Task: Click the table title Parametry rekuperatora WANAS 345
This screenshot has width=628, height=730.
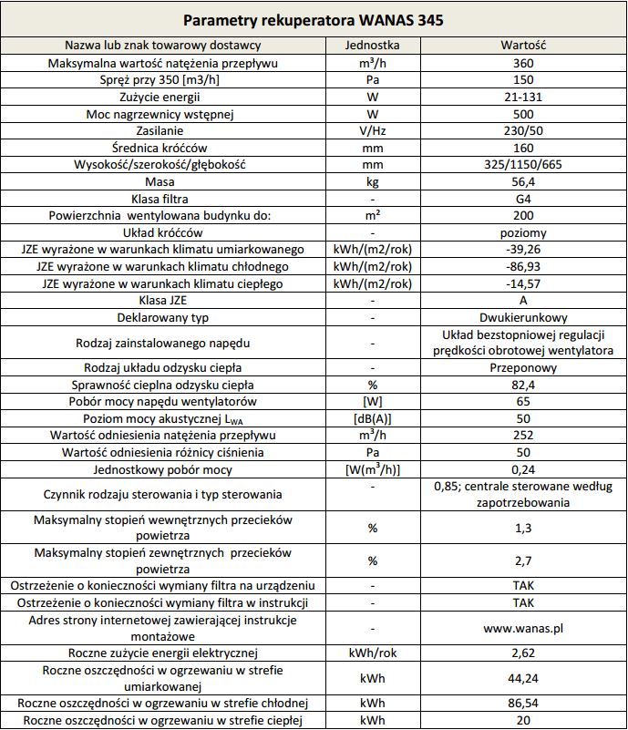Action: pyautogui.click(x=314, y=19)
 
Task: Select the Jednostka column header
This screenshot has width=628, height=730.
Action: pyautogui.click(x=372, y=46)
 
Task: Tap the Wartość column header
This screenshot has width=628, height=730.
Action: pyautogui.click(x=523, y=46)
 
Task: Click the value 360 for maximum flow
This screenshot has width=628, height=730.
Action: pyautogui.click(x=523, y=63)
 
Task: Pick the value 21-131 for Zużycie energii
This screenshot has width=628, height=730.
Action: pyautogui.click(x=523, y=97)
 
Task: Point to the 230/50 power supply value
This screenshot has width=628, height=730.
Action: pyautogui.click(x=523, y=131)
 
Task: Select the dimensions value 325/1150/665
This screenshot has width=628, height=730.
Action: pyautogui.click(x=523, y=165)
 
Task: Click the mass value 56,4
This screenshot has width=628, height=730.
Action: pyautogui.click(x=523, y=181)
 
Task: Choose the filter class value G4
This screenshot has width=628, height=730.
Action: pyautogui.click(x=523, y=199)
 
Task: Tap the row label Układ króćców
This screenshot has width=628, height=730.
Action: pyautogui.click(x=166, y=232)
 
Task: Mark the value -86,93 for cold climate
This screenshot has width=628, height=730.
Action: pyautogui.click(x=523, y=266)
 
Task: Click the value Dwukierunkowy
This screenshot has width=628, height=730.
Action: pyautogui.click(x=523, y=317)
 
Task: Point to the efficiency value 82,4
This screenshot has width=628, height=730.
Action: pyautogui.click(x=523, y=385)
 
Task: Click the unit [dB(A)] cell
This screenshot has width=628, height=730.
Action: pyautogui.click(x=372, y=418)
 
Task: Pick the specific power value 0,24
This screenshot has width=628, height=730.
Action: pyautogui.click(x=523, y=469)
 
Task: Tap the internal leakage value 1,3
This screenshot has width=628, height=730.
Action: pyautogui.click(x=523, y=528)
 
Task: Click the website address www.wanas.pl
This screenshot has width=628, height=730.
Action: pyautogui.click(x=523, y=628)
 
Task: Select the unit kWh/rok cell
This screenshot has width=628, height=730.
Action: pyautogui.click(x=372, y=653)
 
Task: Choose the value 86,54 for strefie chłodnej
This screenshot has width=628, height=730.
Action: pyautogui.click(x=523, y=704)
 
